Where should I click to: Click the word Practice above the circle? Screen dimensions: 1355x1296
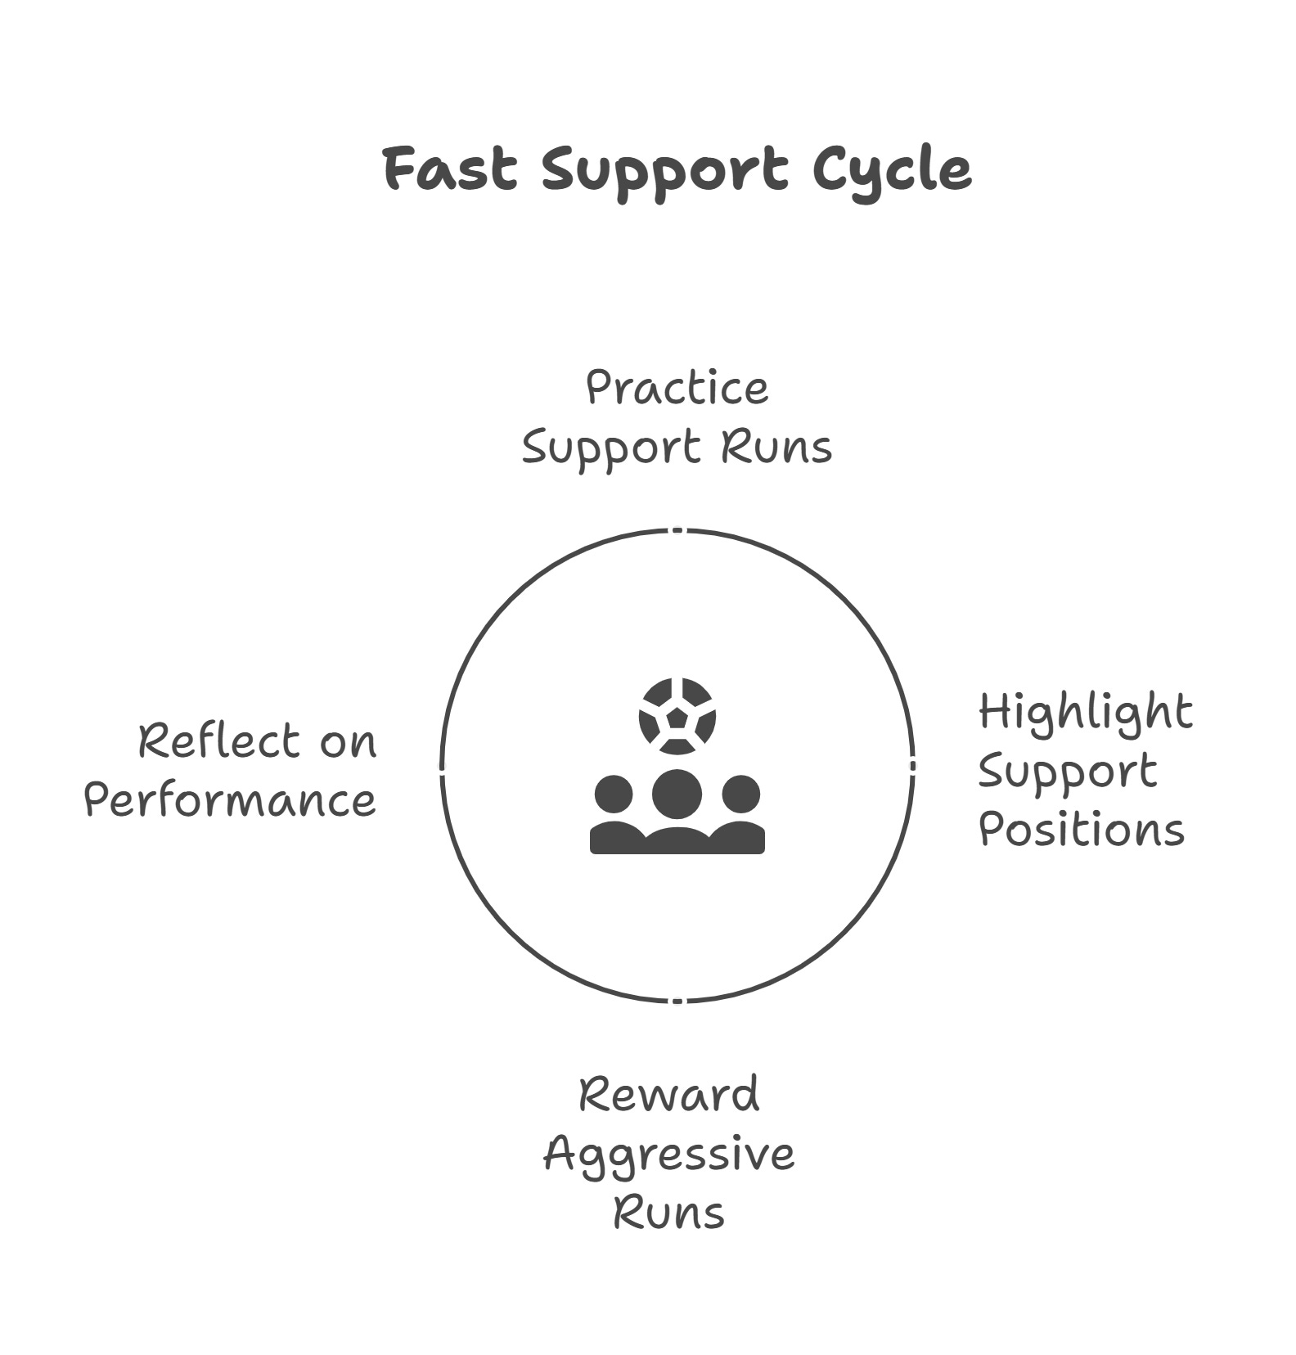677,388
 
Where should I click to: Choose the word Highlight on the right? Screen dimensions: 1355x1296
1085,713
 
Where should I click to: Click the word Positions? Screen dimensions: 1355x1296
1081,830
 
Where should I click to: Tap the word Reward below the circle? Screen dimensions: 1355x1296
669,1095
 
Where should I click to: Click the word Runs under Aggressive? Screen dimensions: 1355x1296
669,1213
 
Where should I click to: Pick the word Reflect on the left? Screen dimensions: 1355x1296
209,741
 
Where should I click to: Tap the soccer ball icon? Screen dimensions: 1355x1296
677,717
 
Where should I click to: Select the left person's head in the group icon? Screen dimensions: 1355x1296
614,794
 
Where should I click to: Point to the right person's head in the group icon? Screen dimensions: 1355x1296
741,794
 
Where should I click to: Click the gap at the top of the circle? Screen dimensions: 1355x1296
677,530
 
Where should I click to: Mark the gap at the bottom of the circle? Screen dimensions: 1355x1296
677,1001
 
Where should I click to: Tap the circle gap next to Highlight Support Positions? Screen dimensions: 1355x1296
913,765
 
